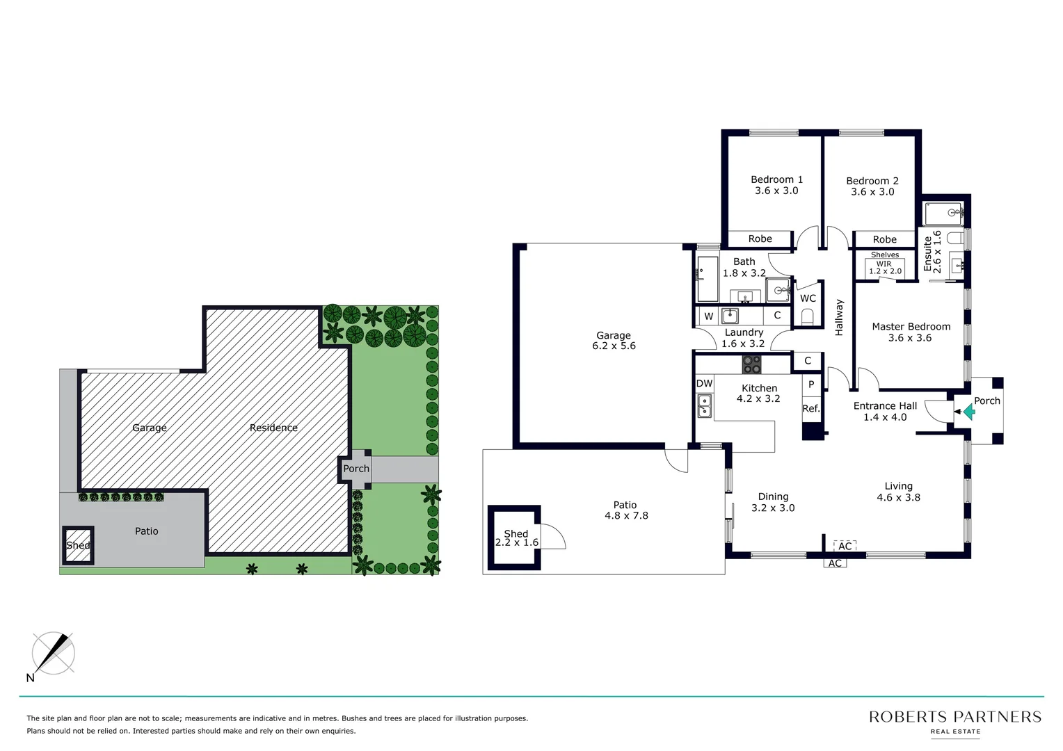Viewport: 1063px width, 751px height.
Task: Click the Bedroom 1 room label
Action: (776, 179)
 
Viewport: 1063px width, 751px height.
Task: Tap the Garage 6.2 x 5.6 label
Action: (614, 341)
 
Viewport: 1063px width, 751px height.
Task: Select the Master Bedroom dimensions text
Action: (910, 338)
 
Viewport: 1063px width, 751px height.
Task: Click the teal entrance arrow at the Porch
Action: (968, 412)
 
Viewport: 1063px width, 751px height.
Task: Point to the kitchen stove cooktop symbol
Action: (751, 364)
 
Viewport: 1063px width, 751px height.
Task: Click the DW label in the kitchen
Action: (704, 383)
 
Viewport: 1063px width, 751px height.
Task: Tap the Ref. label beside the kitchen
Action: (810, 409)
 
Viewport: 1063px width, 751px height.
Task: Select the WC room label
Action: (808, 298)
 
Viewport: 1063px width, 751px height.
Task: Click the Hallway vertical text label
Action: (839, 318)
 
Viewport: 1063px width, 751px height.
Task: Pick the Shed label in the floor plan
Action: (515, 534)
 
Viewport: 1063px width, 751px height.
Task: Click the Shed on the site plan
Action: (78, 545)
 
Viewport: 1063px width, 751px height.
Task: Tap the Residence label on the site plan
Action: (273, 428)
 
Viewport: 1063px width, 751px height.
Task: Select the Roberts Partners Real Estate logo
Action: (954, 721)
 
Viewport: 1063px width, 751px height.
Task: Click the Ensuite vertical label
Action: (927, 254)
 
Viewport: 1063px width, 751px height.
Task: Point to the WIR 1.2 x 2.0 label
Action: (884, 268)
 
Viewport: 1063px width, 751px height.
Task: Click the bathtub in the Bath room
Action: (706, 279)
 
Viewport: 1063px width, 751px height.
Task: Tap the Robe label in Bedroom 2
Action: (884, 239)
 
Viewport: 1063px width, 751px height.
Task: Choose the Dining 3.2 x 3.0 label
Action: (773, 502)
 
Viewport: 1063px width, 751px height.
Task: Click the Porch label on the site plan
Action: (356, 469)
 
